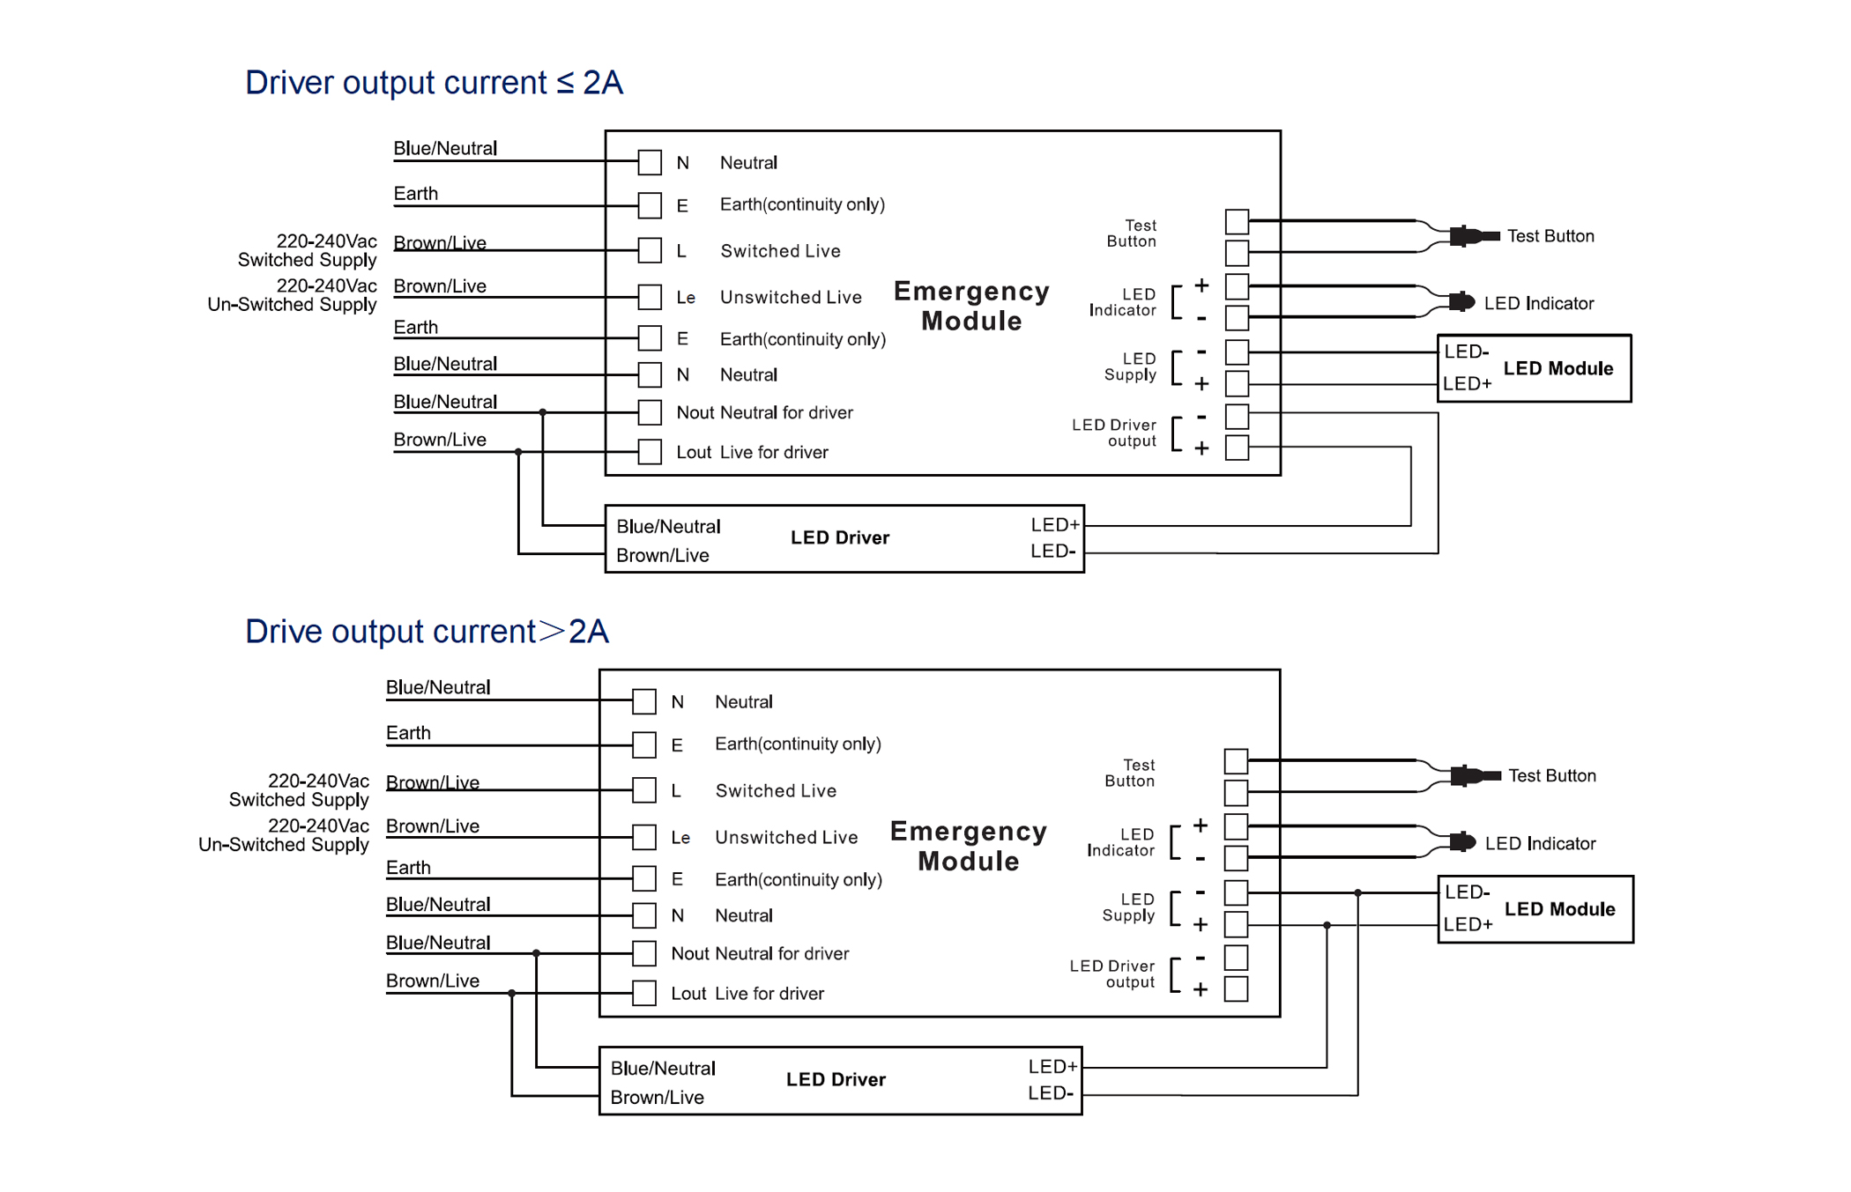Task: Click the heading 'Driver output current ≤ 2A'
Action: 434,83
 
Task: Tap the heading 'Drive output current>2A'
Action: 427,632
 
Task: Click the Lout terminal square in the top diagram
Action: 650,452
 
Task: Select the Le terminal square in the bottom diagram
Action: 644,837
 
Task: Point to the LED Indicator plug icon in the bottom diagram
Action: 1463,842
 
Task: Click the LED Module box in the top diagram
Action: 1534,368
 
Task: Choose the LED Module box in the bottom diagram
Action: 1535,909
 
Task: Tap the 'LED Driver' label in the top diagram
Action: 840,537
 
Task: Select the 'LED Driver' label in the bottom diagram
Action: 836,1079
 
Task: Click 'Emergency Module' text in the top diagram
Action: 971,306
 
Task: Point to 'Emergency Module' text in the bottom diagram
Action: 968,846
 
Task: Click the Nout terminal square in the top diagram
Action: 650,412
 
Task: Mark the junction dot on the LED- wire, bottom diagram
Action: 1358,893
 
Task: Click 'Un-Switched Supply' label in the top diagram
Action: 292,305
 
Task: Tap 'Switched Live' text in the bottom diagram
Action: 776,791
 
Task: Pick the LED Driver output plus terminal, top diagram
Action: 1237,448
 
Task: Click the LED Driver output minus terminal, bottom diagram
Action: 1236,957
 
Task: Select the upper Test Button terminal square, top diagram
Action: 1237,221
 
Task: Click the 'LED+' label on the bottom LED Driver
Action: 1052,1067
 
